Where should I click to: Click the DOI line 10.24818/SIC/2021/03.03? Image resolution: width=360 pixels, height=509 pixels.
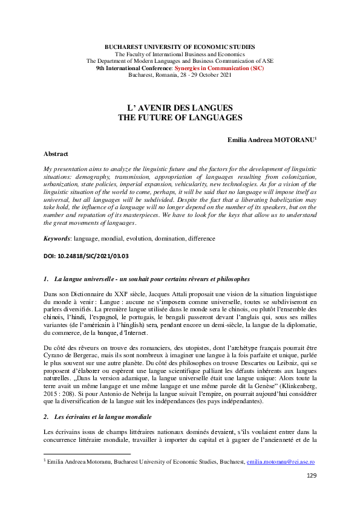(86, 256)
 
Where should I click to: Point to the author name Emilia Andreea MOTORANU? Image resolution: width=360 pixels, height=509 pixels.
(269, 139)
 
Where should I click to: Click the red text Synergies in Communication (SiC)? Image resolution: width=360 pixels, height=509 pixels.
(226, 69)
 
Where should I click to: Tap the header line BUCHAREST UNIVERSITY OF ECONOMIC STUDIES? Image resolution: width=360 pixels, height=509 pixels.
(180, 47)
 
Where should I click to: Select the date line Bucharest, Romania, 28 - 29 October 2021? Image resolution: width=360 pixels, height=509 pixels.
(180, 76)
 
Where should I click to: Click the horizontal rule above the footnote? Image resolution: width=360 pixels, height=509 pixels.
(88, 453)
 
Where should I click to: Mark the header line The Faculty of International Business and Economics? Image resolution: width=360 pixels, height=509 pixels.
(180, 54)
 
